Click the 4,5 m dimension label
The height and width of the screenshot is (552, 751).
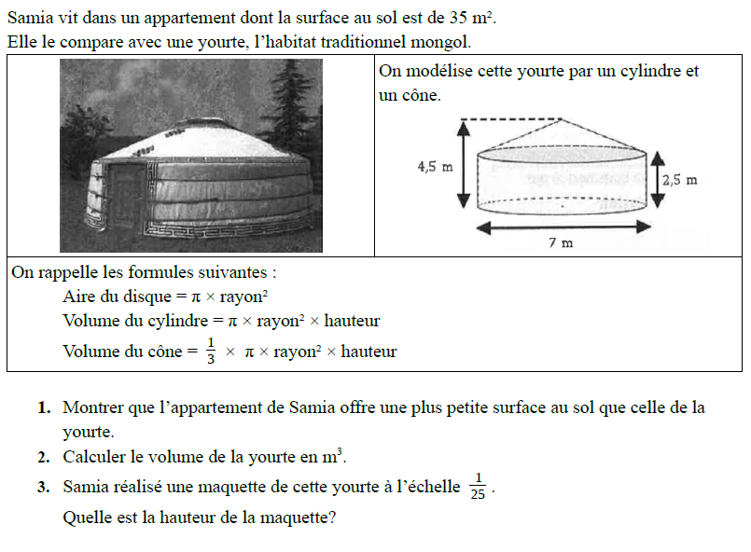click(435, 167)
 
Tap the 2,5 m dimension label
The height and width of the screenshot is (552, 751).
click(679, 180)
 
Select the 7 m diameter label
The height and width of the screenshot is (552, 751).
click(561, 242)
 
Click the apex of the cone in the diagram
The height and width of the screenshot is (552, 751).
click(560, 119)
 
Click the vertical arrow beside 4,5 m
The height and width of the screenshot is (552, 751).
click(463, 164)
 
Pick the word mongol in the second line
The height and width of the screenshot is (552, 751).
click(444, 43)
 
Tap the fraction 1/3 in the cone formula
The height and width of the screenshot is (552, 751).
click(211, 352)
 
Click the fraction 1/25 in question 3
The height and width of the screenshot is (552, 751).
click(478, 487)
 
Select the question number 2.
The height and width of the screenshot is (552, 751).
click(44, 457)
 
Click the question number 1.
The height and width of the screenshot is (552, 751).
click(44, 407)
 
